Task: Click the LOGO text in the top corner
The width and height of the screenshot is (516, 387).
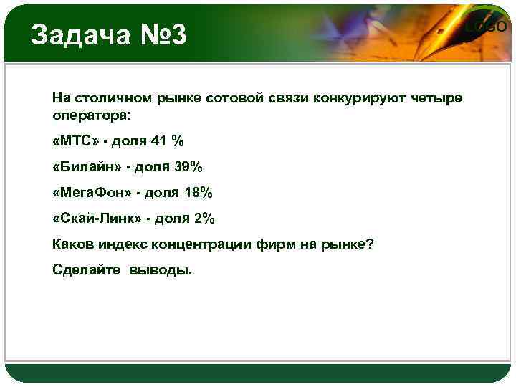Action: click(488, 27)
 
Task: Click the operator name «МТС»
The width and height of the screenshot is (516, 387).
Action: click(75, 141)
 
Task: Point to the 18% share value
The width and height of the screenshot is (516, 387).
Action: click(199, 193)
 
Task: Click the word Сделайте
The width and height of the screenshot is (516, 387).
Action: click(86, 270)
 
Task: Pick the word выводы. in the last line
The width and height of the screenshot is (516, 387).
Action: click(161, 270)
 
